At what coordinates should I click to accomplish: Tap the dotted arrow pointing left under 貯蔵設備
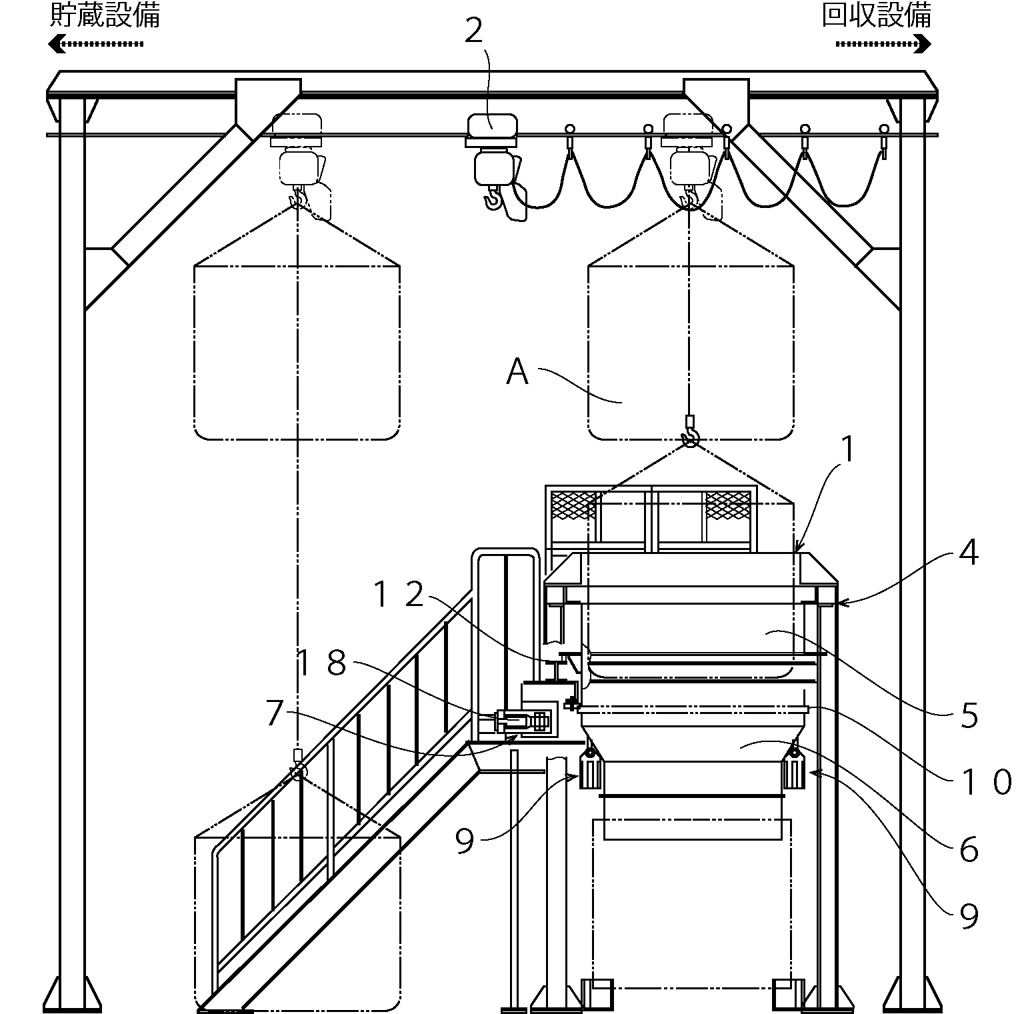(96, 44)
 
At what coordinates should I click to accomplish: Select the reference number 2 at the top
(473, 31)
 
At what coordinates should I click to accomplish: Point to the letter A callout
(517, 372)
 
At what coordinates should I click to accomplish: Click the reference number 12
(399, 595)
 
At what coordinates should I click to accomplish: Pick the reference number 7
(275, 713)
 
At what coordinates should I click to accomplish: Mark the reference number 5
(969, 716)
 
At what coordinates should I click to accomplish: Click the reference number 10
(983, 781)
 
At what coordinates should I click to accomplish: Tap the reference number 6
(969, 850)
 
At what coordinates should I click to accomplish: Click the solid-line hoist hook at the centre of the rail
(493, 199)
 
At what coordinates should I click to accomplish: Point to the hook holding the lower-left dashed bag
(297, 771)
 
